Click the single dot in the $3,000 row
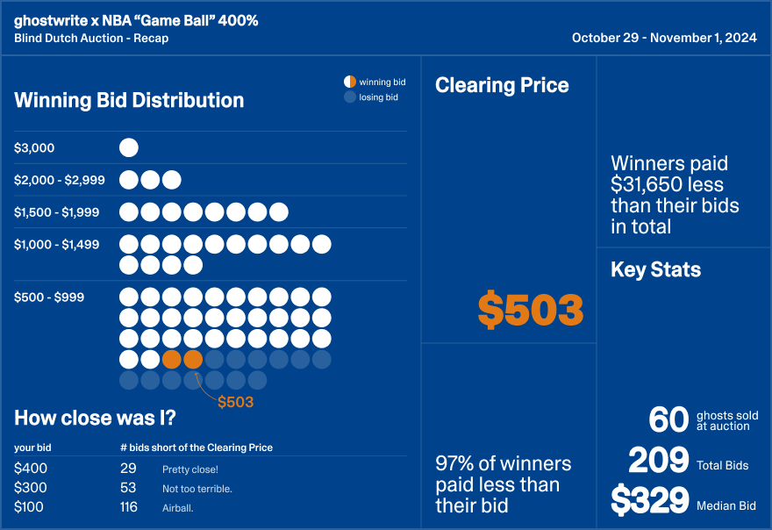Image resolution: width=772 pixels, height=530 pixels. tap(128, 148)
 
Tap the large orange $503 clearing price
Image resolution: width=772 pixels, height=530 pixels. tap(531, 310)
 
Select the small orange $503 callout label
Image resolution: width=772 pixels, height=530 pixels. tap(235, 402)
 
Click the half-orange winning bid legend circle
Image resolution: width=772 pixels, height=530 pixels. tap(350, 82)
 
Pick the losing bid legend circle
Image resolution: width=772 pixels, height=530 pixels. tap(350, 97)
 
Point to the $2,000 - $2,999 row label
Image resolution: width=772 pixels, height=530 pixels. tap(60, 180)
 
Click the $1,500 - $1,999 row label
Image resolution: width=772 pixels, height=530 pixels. tap(57, 212)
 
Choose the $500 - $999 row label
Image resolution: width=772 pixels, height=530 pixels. tap(49, 297)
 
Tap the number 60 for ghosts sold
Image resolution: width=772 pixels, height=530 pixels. tap(668, 420)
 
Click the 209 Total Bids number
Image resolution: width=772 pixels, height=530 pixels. tap(658, 461)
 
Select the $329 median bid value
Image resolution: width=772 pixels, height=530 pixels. tap(649, 501)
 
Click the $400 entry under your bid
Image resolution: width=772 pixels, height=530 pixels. tap(31, 469)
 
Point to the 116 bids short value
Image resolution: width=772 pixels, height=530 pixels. tap(131, 507)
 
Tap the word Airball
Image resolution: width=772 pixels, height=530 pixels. tap(178, 508)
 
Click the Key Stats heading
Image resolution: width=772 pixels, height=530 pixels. tap(655, 269)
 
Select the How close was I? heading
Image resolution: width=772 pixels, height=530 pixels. tap(95, 418)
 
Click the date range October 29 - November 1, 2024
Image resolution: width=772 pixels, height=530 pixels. tap(664, 38)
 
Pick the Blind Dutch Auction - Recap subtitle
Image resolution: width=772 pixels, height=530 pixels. tap(91, 38)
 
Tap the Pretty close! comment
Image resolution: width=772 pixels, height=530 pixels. tap(190, 469)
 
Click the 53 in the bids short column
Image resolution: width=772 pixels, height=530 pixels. tap(128, 488)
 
